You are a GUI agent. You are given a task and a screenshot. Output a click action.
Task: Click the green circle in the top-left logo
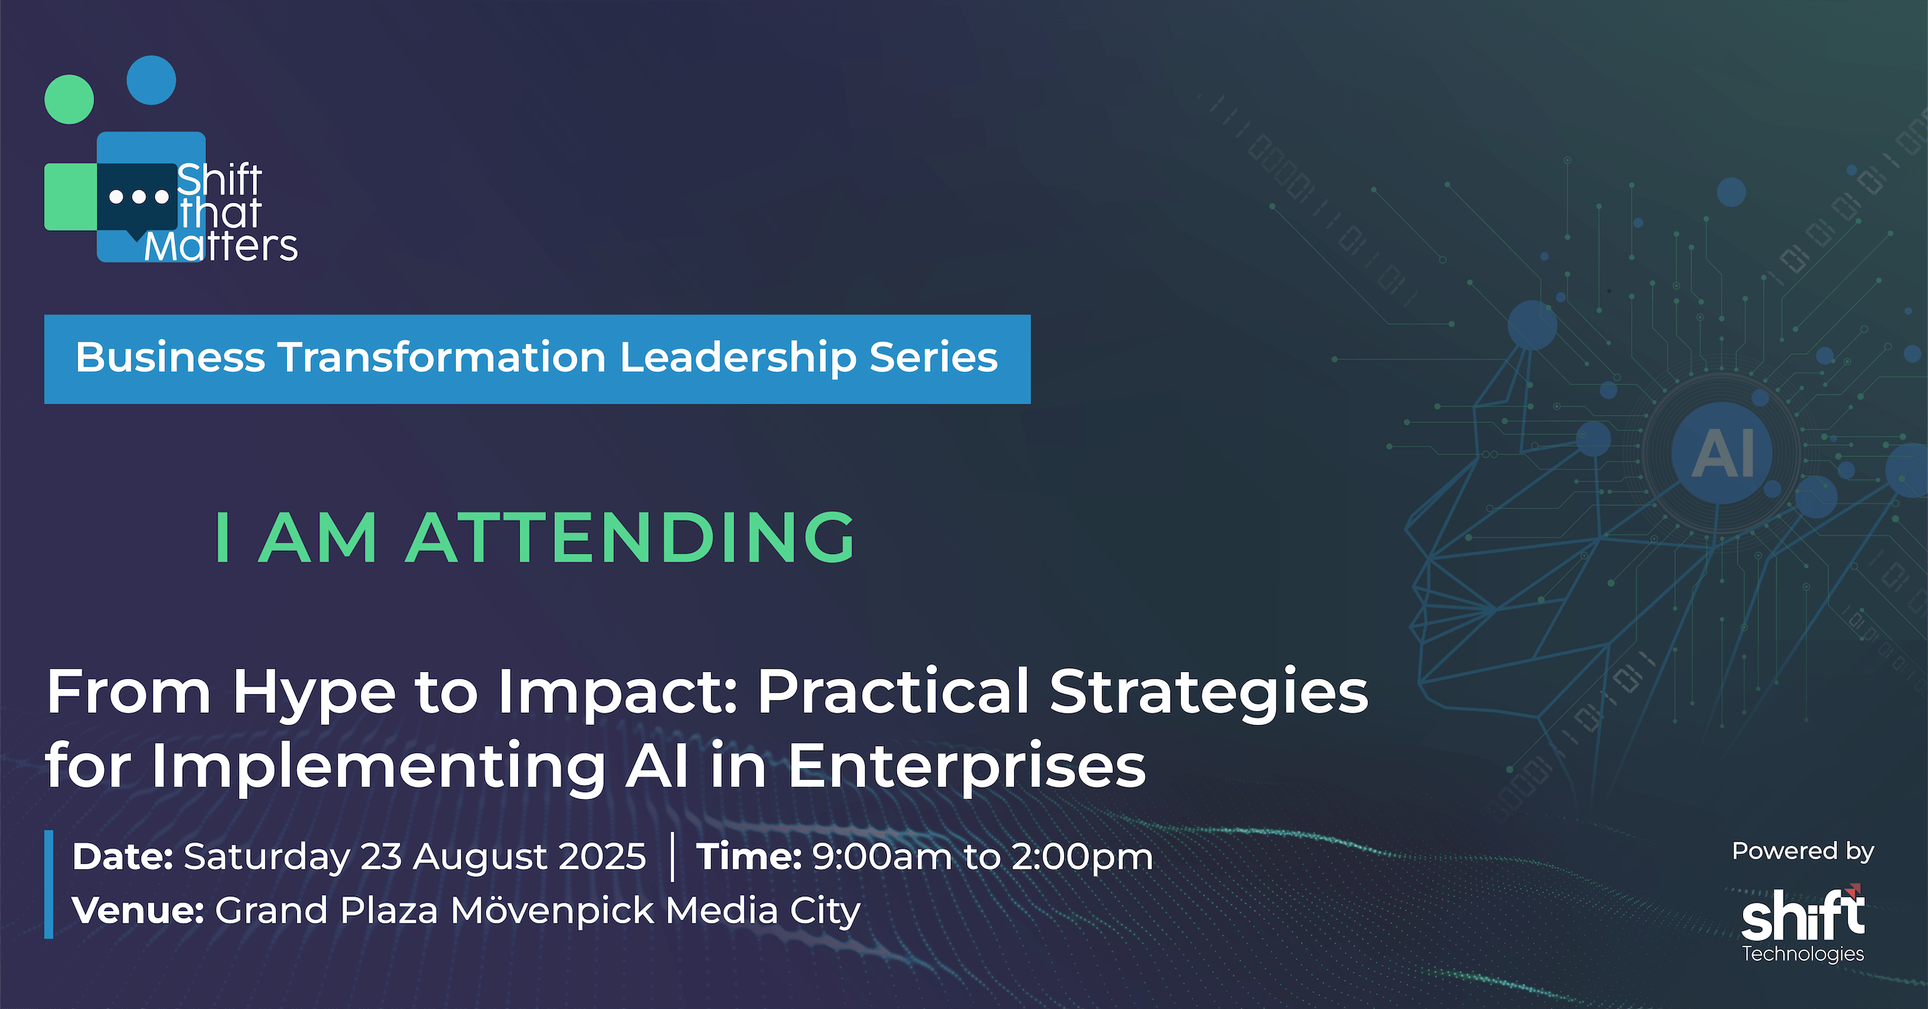(69, 100)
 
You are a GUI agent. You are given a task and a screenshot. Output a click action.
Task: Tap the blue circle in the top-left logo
(151, 80)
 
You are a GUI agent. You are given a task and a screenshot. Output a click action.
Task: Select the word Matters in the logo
(221, 247)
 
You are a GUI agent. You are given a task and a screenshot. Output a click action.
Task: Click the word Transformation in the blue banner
(442, 357)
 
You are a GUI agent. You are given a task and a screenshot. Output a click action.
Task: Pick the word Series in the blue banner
(934, 357)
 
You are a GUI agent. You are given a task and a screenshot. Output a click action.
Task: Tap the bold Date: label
(123, 856)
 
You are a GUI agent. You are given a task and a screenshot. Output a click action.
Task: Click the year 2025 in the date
(602, 856)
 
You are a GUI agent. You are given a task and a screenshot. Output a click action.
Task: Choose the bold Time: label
(749, 856)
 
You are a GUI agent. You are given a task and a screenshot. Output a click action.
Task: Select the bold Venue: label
(138, 910)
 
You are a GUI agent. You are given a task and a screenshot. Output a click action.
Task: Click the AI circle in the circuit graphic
(1722, 453)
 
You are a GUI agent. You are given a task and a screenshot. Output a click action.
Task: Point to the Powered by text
(1802, 852)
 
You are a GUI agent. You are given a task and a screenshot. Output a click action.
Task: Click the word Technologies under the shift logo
(1803, 954)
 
